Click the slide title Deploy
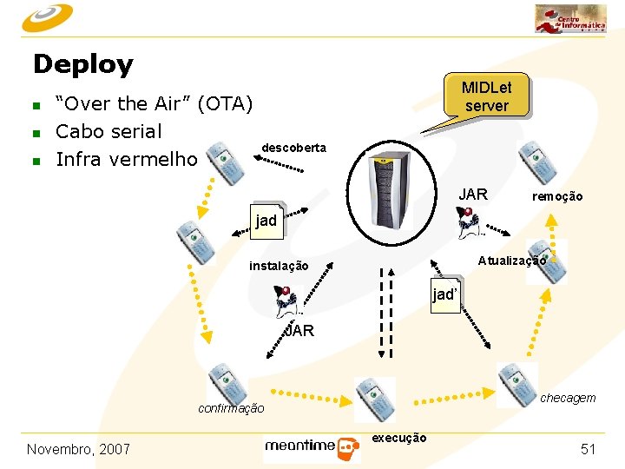tap(83, 64)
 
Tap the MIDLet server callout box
tap(486, 96)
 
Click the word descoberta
tap(293, 148)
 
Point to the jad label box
tap(266, 221)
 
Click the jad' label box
tap(444, 294)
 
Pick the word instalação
tap(278, 266)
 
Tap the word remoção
tap(557, 197)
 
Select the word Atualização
tap(511, 260)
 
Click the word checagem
tap(568, 398)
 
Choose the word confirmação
tap(231, 408)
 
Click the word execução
tap(398, 438)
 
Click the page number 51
tap(589, 449)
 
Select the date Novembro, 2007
tap(78, 449)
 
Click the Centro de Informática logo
tap(570, 18)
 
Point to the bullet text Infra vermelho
tap(127, 159)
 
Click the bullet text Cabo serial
tap(109, 131)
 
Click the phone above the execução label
tap(373, 399)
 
